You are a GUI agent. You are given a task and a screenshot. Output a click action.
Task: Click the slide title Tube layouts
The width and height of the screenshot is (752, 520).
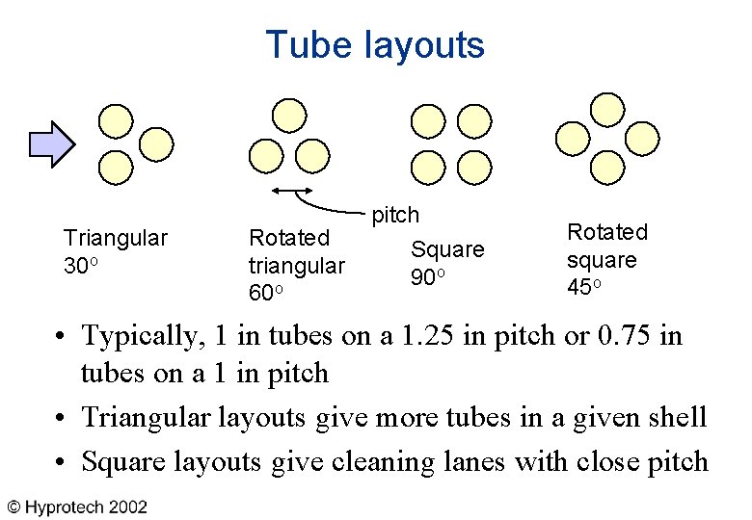point(375,45)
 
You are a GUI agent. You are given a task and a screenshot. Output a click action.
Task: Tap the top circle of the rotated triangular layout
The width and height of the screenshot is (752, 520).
point(288,116)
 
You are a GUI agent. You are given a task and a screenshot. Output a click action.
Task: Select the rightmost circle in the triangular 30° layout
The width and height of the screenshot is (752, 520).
point(157,144)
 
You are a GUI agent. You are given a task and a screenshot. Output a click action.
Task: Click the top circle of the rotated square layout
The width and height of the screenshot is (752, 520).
point(606,108)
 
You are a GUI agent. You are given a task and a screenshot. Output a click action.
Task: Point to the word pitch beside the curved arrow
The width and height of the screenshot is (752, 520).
point(395,214)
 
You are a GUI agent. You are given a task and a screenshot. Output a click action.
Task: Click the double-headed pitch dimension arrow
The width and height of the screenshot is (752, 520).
point(289,190)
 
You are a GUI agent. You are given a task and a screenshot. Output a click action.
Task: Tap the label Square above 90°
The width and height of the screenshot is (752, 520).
point(447,249)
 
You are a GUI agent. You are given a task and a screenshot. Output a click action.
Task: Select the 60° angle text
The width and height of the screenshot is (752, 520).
point(266,292)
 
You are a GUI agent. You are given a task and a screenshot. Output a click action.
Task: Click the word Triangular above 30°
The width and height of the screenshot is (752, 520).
point(115,238)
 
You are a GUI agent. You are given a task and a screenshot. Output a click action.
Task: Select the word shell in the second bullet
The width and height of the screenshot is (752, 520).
point(677,417)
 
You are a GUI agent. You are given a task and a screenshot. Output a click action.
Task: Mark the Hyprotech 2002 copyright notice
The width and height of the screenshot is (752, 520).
point(78,507)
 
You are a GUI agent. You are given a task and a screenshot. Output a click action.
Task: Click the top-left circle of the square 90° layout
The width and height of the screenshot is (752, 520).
point(426,121)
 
